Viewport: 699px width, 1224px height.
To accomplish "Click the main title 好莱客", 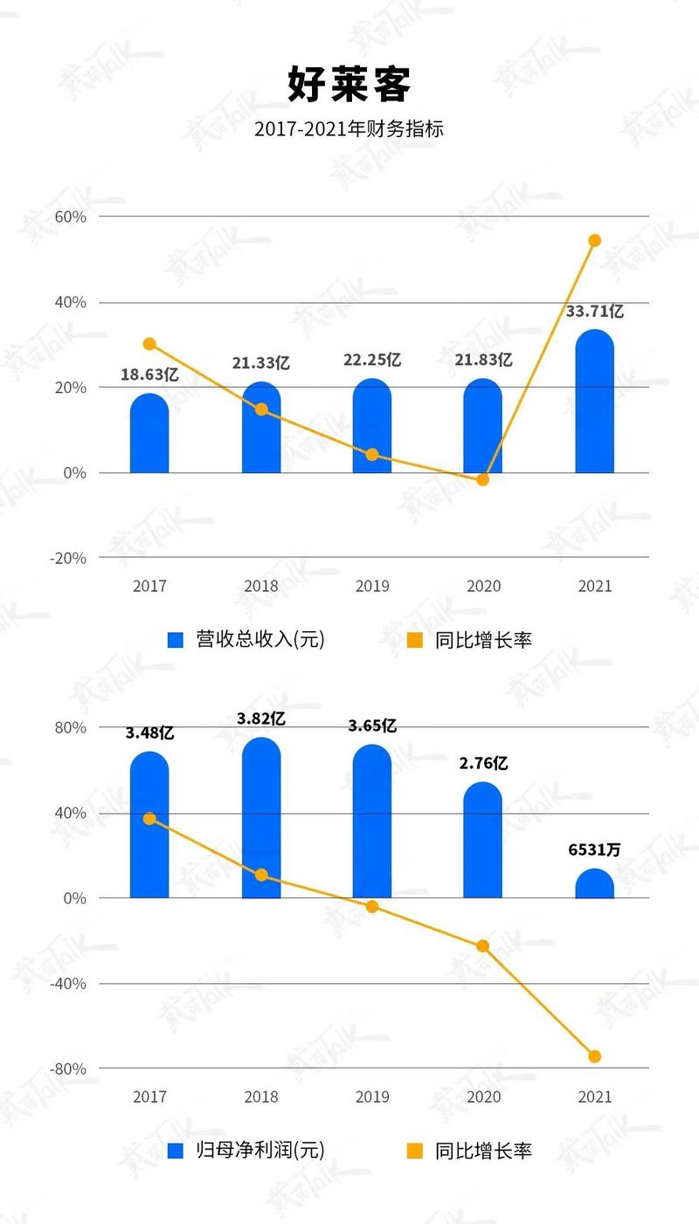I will pos(349,85).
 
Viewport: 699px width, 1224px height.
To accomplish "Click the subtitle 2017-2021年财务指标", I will pos(349,129).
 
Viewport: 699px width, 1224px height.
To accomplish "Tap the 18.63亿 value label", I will pos(149,375).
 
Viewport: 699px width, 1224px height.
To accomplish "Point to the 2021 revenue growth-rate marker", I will pos(594,240).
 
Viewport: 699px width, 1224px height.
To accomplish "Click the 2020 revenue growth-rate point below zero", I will pos(482,479).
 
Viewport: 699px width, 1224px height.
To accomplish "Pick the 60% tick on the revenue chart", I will pos(70,217).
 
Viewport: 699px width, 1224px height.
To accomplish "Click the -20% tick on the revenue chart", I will pos(68,558).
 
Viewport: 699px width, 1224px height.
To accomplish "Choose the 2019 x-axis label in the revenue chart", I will pos(372,586).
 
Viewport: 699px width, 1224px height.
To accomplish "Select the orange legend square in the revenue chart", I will pos(416,640).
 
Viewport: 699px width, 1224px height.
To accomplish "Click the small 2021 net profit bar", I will pos(594,884).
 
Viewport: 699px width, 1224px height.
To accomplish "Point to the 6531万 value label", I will pos(594,849).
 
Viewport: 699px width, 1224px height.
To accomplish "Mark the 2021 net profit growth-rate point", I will pos(594,1056).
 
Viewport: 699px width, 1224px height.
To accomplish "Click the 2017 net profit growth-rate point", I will pos(149,818).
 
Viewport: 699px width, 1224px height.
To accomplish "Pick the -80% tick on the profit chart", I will pos(68,1069).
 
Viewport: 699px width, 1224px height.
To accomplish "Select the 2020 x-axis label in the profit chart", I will pos(483,1097).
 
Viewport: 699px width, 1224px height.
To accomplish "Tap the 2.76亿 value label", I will pos(483,763).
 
